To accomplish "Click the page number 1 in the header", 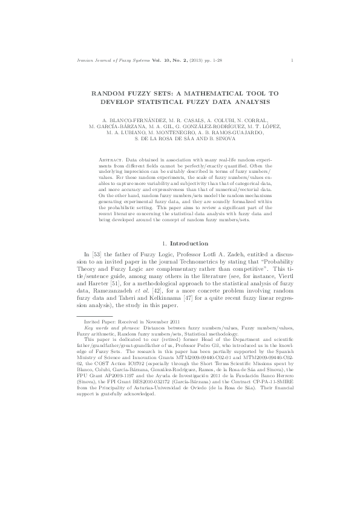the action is coord(292,60).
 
